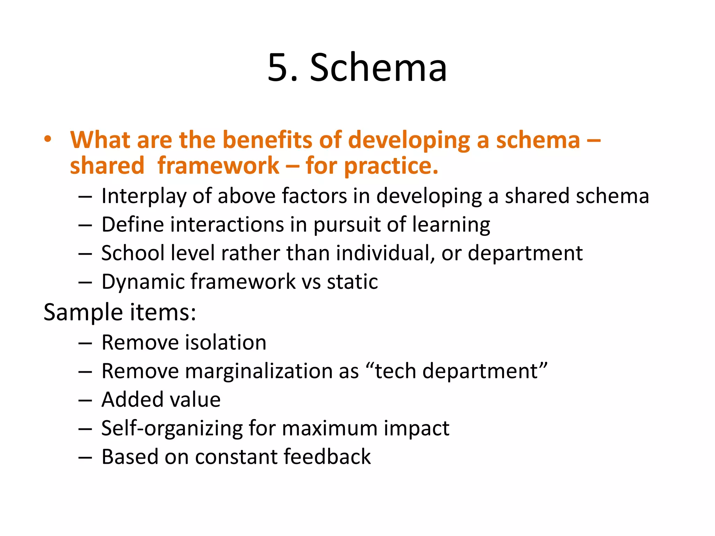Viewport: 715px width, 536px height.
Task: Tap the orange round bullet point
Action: pos(48,139)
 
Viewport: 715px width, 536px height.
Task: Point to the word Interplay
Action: pos(143,196)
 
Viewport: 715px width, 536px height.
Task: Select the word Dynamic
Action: pos(142,282)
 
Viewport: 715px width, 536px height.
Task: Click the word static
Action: pos(352,282)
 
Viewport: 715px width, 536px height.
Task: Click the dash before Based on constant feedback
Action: pos(85,457)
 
